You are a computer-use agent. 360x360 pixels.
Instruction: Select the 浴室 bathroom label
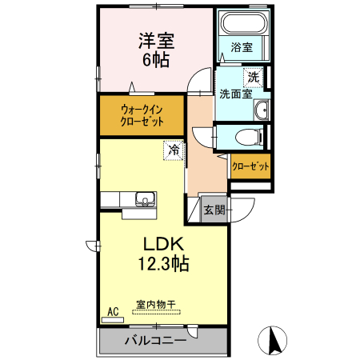[242, 47]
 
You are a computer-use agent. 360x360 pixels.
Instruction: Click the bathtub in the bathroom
[242, 23]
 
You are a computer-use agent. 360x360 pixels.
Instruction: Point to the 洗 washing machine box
[254, 78]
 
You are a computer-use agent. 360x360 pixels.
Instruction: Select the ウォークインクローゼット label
[141, 114]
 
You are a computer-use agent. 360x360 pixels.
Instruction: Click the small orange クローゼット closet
[250, 166]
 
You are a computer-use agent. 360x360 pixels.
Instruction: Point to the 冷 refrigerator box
[173, 149]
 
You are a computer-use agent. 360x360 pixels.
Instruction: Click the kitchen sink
[146, 198]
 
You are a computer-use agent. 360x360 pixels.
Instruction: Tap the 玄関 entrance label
[214, 210]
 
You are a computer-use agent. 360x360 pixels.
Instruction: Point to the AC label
[112, 311]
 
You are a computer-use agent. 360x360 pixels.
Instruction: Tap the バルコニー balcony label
[155, 340]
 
